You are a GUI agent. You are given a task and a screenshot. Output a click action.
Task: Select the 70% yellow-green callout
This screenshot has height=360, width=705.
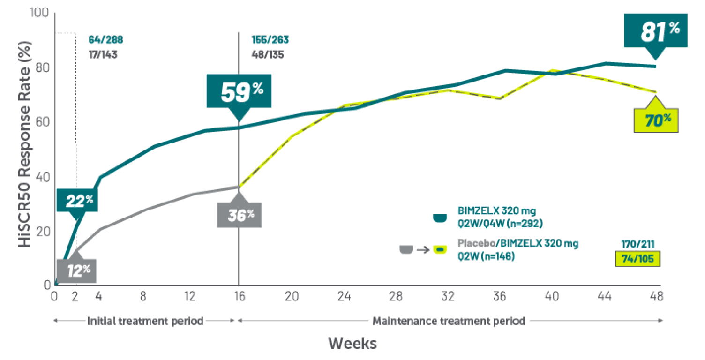(x=655, y=120)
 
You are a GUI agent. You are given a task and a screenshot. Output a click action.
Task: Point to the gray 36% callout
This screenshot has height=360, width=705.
(x=239, y=215)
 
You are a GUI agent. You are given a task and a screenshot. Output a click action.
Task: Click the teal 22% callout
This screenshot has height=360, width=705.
(x=78, y=200)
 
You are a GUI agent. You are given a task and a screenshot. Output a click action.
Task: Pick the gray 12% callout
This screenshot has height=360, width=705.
(x=77, y=270)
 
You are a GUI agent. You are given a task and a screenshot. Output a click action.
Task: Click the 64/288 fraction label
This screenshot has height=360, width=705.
(x=105, y=40)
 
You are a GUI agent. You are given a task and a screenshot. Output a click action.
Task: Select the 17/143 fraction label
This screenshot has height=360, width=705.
(x=103, y=54)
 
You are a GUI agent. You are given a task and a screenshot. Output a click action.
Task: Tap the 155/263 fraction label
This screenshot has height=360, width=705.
(x=270, y=40)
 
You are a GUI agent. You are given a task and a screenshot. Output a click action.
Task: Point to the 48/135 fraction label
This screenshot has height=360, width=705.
(x=268, y=54)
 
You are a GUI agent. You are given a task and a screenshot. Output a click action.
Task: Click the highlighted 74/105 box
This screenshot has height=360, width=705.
(x=637, y=259)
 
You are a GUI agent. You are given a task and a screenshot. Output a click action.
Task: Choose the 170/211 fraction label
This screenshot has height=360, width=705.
(x=638, y=244)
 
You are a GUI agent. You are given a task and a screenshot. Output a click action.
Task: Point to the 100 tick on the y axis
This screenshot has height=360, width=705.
(x=39, y=13)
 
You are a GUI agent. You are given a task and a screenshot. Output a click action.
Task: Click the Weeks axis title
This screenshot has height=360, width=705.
(x=352, y=343)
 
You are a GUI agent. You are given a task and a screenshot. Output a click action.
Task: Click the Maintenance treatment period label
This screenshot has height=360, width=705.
(x=449, y=321)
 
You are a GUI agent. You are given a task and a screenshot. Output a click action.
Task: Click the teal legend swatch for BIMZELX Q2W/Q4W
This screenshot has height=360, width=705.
(x=441, y=217)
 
